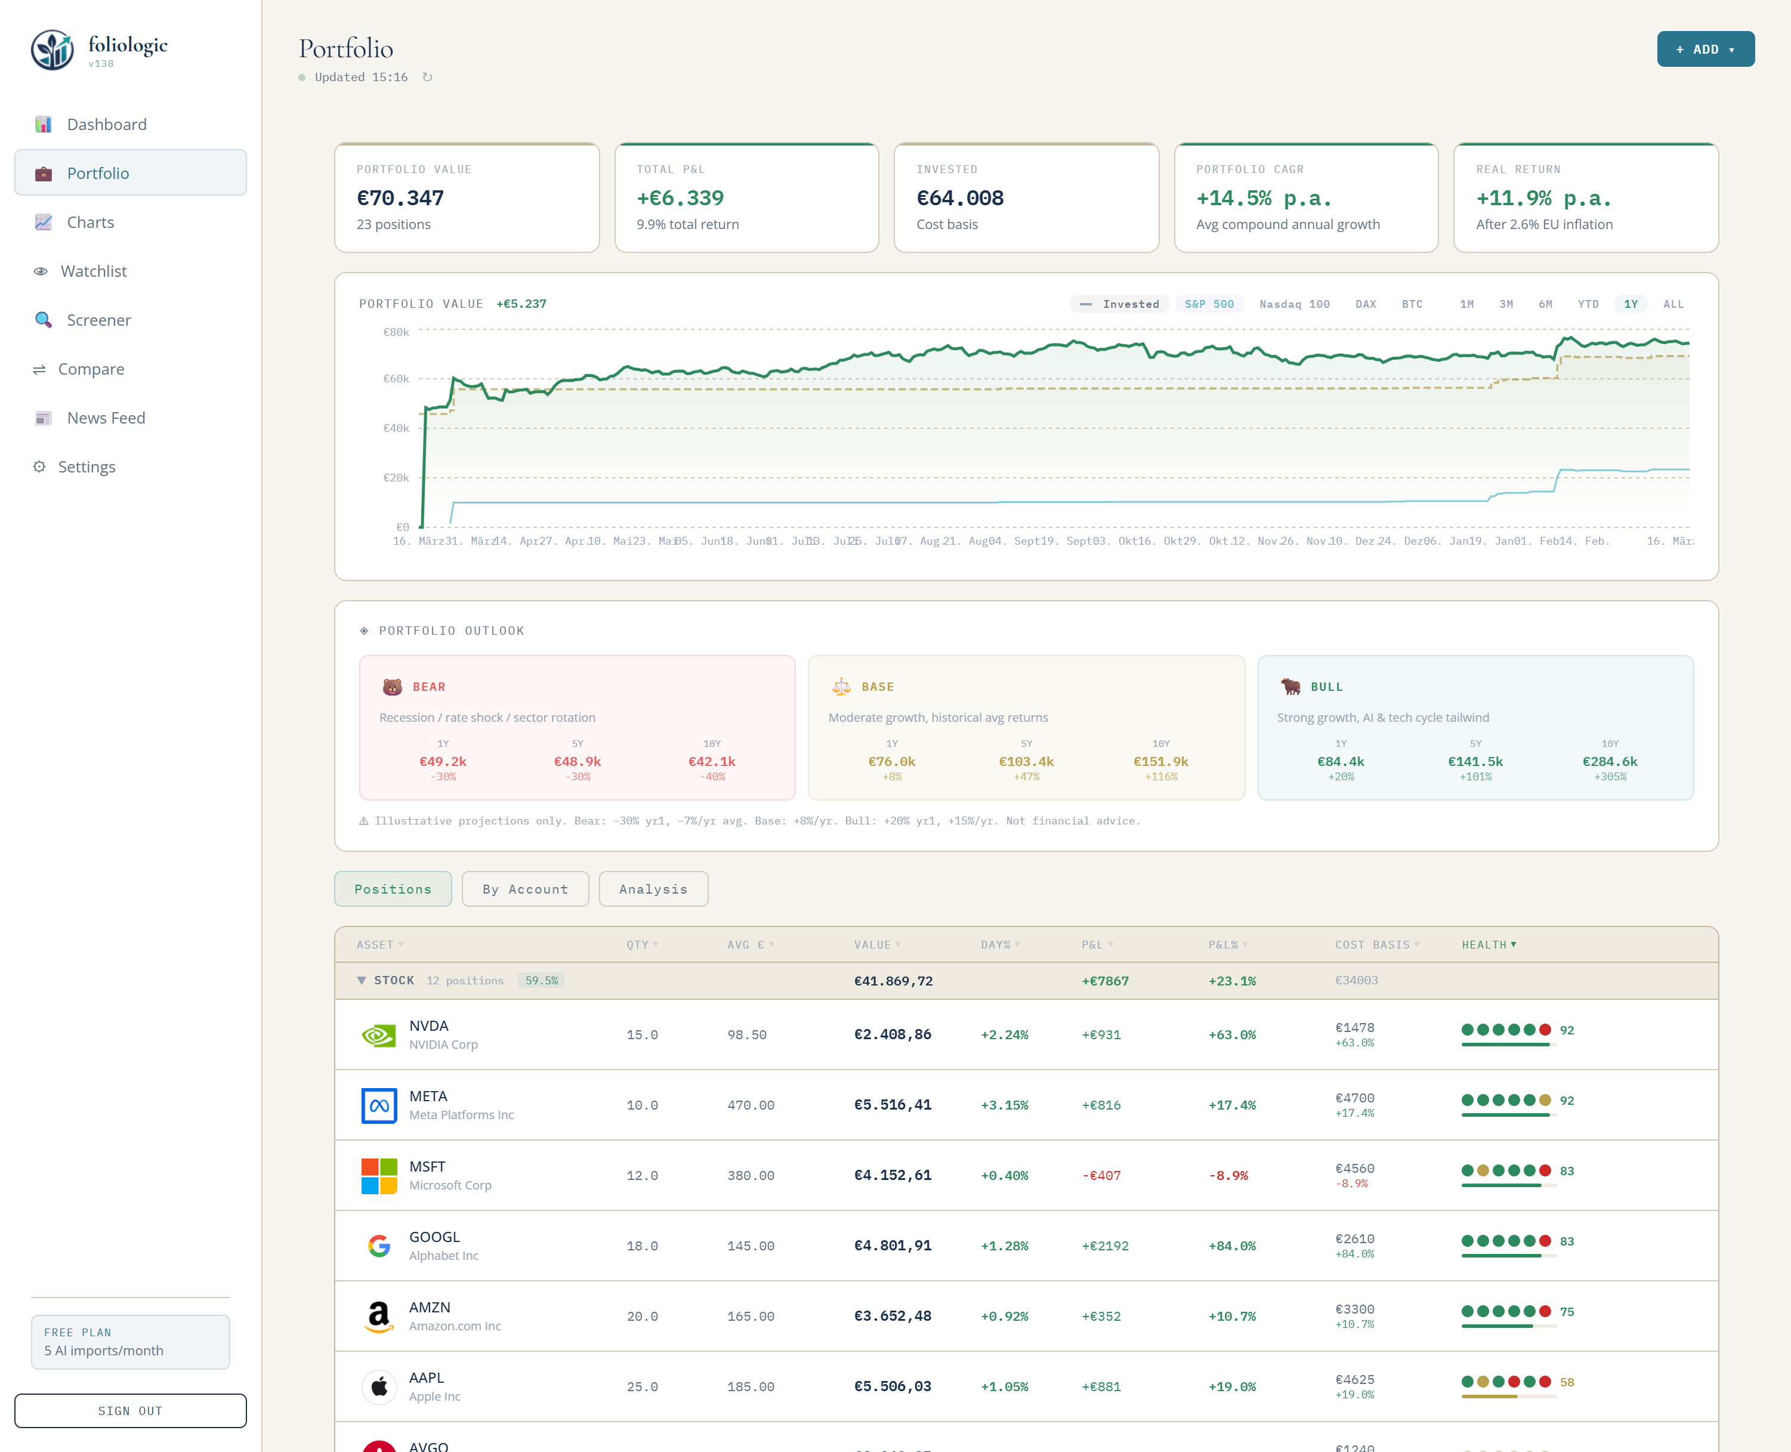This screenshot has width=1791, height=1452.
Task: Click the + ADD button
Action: click(1705, 50)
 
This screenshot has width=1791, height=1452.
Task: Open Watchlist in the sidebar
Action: click(93, 271)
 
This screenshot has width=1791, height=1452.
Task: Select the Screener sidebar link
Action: click(98, 320)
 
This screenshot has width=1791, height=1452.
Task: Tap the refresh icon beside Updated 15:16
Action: click(427, 77)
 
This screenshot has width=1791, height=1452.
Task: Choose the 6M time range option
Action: click(1545, 304)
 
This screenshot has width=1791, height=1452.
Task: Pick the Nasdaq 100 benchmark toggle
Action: click(1294, 304)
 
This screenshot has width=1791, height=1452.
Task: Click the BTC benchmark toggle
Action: click(1412, 304)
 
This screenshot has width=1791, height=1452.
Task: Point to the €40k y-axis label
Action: click(396, 428)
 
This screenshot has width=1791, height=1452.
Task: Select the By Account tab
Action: click(524, 889)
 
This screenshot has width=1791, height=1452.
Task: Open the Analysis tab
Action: click(653, 889)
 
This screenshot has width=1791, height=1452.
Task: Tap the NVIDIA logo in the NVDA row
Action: click(379, 1036)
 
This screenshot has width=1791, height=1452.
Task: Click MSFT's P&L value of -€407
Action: click(1101, 1175)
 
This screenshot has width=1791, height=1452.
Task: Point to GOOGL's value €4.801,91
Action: click(892, 1246)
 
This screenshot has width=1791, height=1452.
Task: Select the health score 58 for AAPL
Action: click(1566, 1382)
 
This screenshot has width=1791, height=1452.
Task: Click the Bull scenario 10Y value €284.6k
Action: click(1610, 761)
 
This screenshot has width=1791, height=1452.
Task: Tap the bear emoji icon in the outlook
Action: click(393, 687)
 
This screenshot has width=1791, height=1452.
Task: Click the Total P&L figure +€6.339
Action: click(680, 198)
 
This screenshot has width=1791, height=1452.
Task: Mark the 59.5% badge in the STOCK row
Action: click(541, 980)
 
